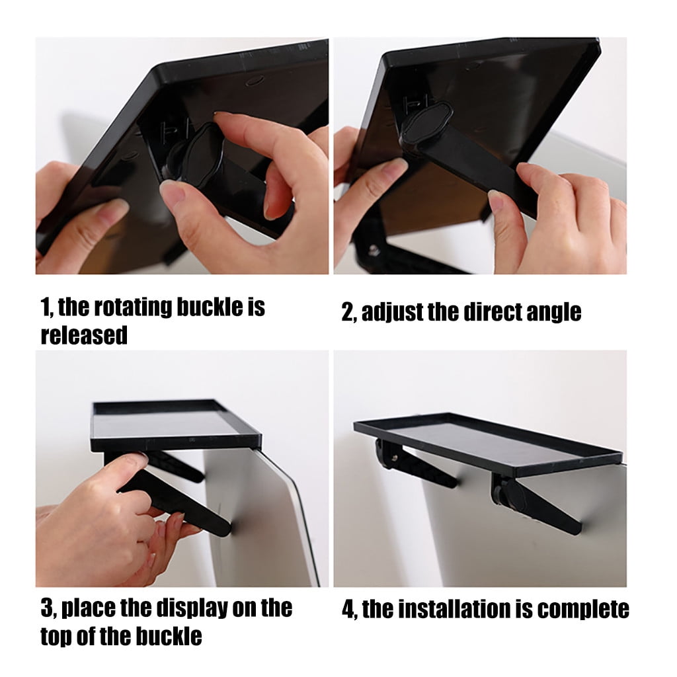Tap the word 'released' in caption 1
pyautogui.click(x=84, y=335)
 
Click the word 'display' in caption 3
pyautogui.click(x=192, y=609)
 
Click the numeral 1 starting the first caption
pyautogui.click(x=45, y=307)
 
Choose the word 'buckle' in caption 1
pyautogui.click(x=210, y=307)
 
